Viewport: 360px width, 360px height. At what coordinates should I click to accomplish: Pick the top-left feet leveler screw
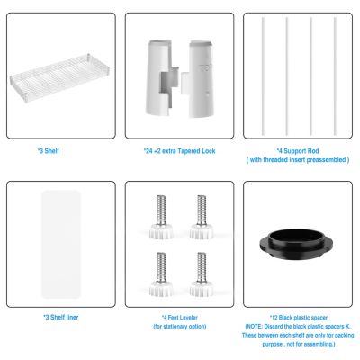point(160,218)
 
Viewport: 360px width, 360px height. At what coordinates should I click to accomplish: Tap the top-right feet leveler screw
point(200,218)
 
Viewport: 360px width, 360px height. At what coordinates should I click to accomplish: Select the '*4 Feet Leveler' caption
point(180,317)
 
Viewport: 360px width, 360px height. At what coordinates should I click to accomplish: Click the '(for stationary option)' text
point(180,326)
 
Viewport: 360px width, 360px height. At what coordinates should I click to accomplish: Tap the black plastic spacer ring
point(299,241)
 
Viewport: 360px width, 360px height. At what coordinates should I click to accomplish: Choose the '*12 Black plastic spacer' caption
point(298,317)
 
